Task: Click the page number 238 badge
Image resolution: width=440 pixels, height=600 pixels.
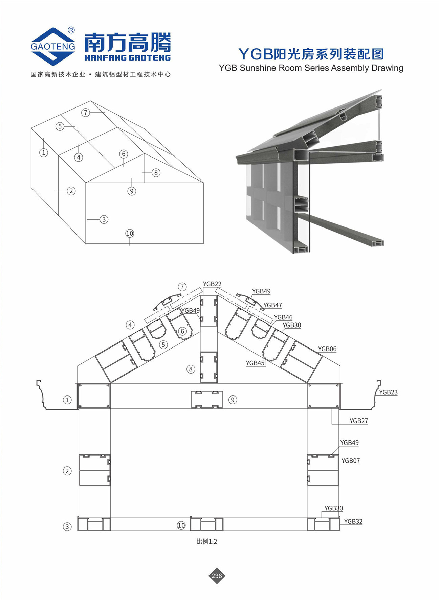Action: (x=217, y=575)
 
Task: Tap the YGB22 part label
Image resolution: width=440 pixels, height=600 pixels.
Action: (x=212, y=284)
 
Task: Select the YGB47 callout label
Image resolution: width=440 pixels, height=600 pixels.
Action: (x=273, y=305)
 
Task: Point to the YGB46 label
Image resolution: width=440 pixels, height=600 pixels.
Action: (x=283, y=317)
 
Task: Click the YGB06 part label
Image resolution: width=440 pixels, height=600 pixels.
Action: (x=327, y=349)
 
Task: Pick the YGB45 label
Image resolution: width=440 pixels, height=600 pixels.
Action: (x=255, y=363)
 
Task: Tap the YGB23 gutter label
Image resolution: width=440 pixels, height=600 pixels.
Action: (x=388, y=392)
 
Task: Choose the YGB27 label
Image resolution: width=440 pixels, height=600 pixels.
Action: (x=359, y=421)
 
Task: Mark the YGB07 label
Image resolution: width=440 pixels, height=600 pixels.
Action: (x=351, y=461)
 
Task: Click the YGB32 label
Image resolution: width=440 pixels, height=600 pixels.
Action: (x=353, y=521)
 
